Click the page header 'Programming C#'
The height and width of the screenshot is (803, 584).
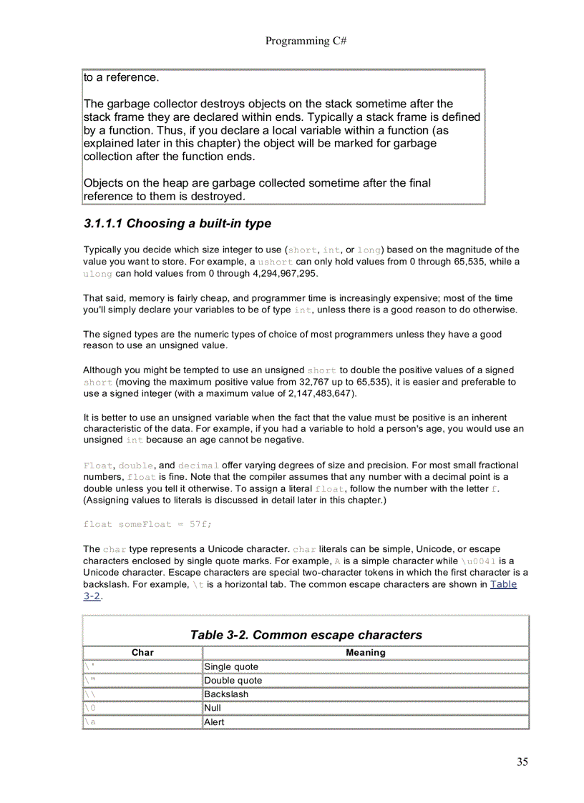point(306,41)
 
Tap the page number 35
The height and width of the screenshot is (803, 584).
point(522,762)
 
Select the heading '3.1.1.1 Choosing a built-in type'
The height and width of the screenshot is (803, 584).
point(177,223)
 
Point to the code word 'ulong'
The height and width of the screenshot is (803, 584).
point(97,273)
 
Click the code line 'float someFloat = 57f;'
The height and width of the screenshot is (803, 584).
point(147,524)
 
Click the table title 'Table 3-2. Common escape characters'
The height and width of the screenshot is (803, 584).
point(306,635)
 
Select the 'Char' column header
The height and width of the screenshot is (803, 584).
point(142,652)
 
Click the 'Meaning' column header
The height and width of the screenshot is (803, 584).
point(365,652)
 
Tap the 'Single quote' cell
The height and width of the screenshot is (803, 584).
point(231,666)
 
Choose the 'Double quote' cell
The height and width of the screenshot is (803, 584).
point(233,680)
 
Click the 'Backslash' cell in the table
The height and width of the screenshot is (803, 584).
point(226,694)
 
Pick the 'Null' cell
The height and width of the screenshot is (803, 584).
point(213,708)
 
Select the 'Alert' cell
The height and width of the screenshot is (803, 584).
point(214,722)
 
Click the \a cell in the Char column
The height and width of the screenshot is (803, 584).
point(90,722)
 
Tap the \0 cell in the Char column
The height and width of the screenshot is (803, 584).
point(90,708)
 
